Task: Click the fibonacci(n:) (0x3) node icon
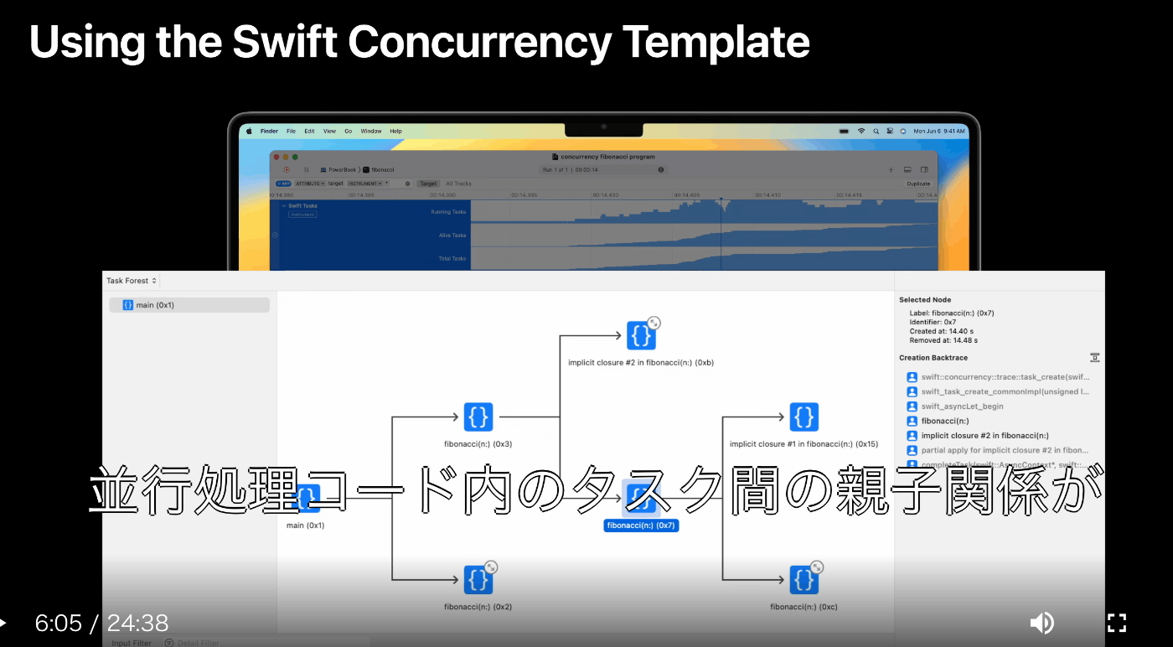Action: click(x=478, y=417)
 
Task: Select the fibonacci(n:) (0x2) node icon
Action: click(x=478, y=579)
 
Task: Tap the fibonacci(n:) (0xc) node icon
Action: click(x=804, y=579)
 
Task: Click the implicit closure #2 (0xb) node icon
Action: click(x=641, y=335)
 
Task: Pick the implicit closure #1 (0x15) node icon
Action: click(x=804, y=417)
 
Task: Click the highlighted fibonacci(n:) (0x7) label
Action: click(x=641, y=525)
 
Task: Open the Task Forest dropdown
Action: click(x=132, y=281)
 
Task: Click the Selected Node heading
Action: click(x=925, y=299)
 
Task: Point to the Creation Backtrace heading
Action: click(x=933, y=358)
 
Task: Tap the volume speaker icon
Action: click(x=1041, y=623)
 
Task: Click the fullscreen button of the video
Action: click(x=1117, y=623)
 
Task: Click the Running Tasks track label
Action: click(x=448, y=212)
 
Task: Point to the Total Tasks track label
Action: click(x=452, y=258)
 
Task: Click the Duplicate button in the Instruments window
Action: click(x=918, y=184)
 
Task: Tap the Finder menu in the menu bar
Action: click(x=269, y=132)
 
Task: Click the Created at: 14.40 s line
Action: click(x=941, y=331)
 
